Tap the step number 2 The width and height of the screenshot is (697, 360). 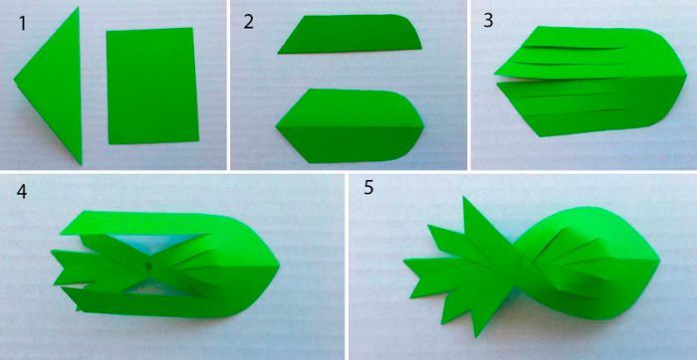[249, 22]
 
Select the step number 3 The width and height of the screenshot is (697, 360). [488, 22]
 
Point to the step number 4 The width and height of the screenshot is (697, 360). [22, 192]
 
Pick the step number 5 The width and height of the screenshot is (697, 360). [369, 187]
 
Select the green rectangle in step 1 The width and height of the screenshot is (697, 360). [152, 86]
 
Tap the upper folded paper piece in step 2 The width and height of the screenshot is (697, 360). [349, 35]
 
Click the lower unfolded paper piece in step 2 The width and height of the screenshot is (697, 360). [349, 126]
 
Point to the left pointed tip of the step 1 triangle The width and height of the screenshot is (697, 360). [14, 80]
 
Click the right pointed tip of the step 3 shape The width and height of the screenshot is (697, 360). [686, 76]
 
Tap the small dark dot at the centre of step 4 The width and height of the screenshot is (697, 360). [149, 266]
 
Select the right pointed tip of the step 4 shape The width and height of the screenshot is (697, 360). [279, 267]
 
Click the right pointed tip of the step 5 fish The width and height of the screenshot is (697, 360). [659, 263]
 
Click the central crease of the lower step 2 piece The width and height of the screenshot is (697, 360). [349, 127]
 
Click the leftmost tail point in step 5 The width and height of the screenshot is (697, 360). [404, 261]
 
